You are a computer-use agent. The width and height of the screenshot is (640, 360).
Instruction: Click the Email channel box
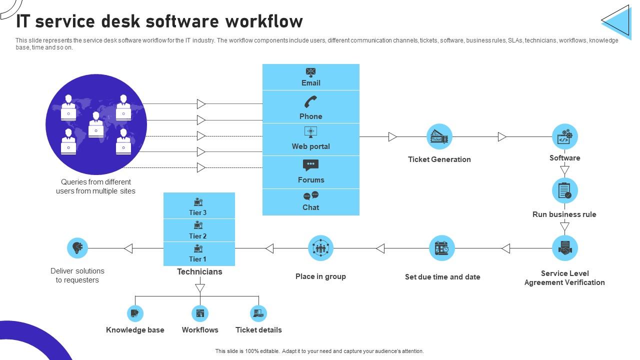click(310, 77)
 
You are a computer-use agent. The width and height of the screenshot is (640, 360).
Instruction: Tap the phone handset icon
click(310, 102)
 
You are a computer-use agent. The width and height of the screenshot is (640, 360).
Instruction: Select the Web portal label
click(310, 146)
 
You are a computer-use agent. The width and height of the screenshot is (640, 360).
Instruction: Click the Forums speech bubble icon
click(310, 165)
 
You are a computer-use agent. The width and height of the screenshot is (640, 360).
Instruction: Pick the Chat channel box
click(310, 202)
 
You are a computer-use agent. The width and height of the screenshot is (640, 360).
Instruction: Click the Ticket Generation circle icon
click(439, 136)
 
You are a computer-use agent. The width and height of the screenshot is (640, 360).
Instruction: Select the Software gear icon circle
click(564, 136)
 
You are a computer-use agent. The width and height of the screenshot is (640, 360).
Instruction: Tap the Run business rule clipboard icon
click(564, 190)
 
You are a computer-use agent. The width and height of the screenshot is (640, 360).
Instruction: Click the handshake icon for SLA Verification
click(564, 248)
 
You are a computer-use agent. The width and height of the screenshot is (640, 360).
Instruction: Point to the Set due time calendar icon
click(441, 248)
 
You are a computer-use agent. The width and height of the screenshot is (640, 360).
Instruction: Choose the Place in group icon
click(320, 248)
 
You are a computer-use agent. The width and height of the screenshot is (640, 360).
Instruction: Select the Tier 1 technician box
click(198, 253)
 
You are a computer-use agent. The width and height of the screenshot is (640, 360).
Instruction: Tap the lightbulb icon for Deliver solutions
click(77, 248)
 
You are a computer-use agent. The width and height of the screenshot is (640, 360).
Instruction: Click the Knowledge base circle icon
click(135, 313)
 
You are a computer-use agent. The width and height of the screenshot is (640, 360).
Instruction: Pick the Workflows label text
click(200, 330)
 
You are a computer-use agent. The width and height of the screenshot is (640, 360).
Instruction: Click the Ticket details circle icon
click(258, 313)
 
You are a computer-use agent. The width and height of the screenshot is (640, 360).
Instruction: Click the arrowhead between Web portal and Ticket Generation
click(393, 136)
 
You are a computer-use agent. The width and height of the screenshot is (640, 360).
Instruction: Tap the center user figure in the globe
click(96, 125)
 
